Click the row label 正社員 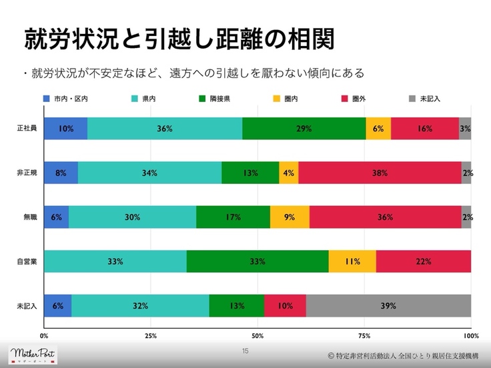point(27,128)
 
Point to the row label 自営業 point(27,262)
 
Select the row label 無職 point(27,217)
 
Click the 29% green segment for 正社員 point(304,128)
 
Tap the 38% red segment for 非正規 point(380,173)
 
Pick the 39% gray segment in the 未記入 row point(388,306)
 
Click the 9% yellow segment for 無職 point(290,217)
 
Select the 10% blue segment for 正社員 point(65,128)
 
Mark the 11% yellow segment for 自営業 point(352,262)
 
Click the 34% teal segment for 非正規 point(149,173)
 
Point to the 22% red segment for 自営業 point(423,262)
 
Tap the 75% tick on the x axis point(364,335)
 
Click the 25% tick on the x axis point(151,335)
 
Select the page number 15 point(245,351)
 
